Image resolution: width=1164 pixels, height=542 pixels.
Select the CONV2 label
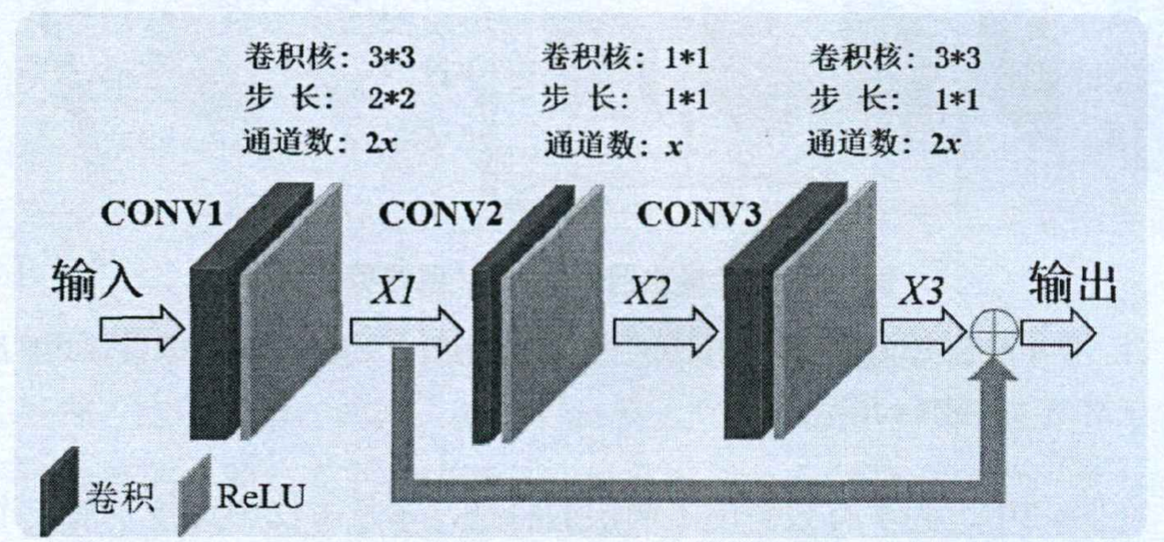(440, 213)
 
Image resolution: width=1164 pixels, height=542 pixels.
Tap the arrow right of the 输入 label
(141, 329)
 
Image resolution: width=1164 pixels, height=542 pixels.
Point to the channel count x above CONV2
(674, 144)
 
